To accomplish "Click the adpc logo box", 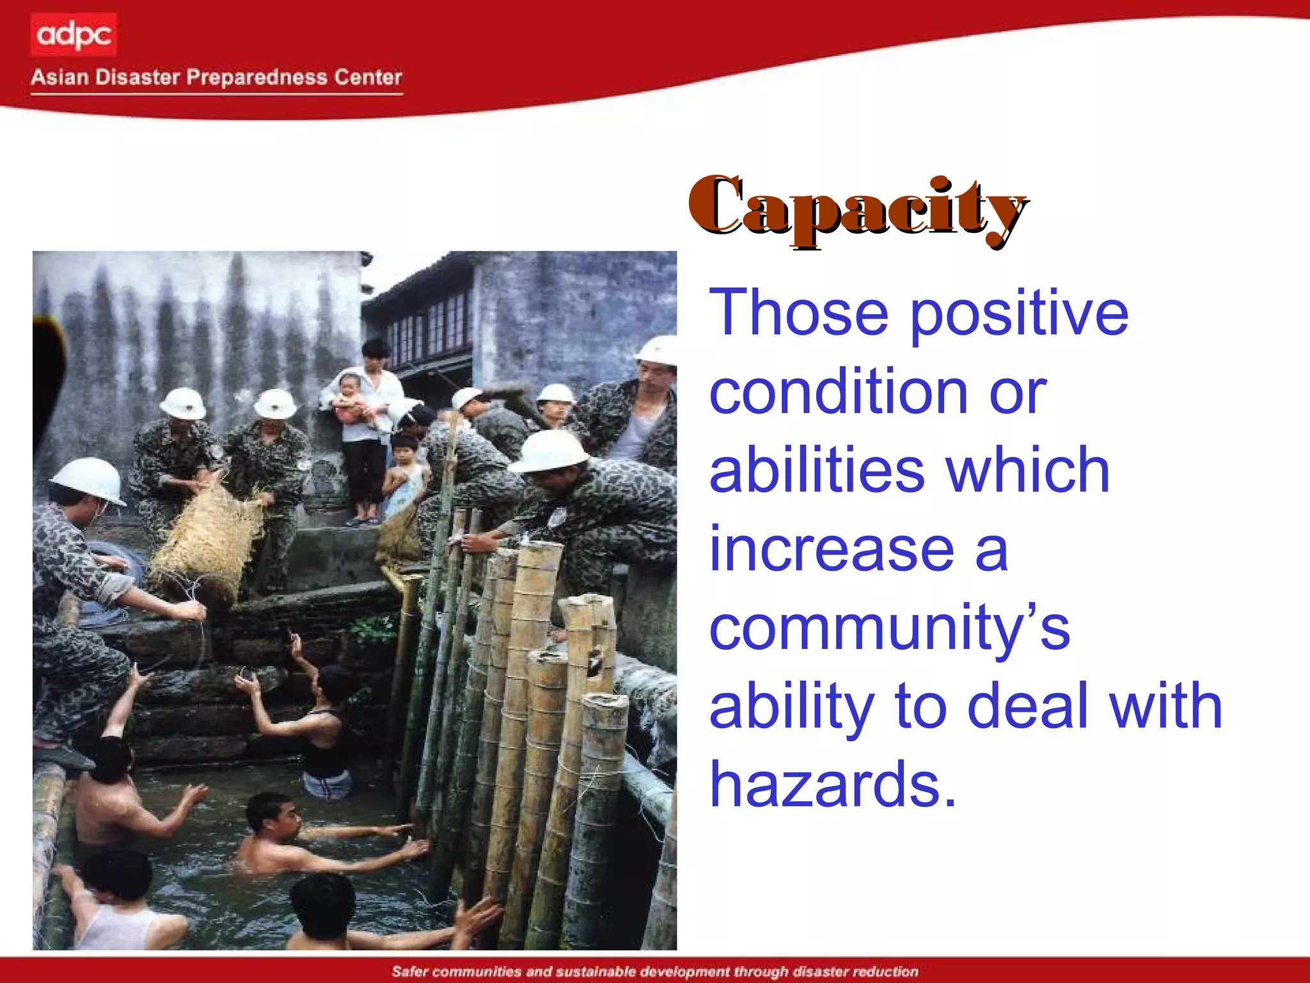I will pos(74,35).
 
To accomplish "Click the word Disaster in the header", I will pos(138,77).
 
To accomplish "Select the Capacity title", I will pos(857,208).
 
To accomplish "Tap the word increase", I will pos(832,550).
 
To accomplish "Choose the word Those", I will pos(800,313).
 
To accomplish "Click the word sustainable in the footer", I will pos(594,971).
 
